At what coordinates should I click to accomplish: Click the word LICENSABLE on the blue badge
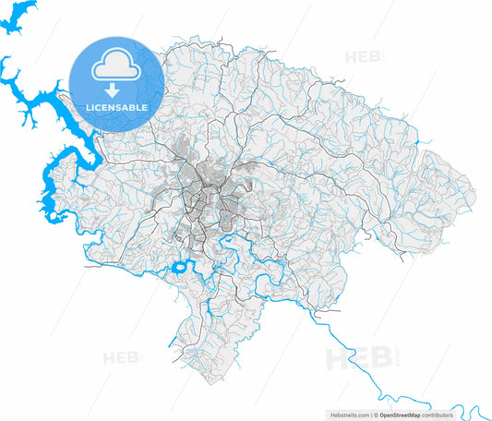[x=117, y=107]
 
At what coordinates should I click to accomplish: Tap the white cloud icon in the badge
[x=117, y=66]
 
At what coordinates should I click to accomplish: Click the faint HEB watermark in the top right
[x=363, y=58]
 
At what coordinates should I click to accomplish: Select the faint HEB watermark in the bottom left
[x=120, y=357]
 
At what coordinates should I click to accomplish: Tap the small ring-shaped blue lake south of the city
[x=180, y=271]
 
